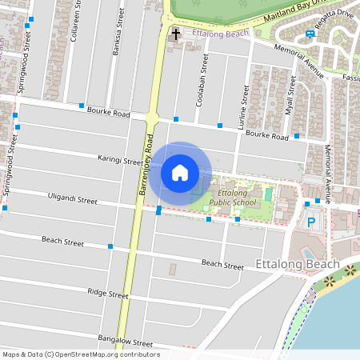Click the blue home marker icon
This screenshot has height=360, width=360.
pyautogui.click(x=180, y=173)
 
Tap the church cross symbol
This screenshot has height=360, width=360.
pyautogui.click(x=175, y=34)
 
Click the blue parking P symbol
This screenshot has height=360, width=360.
pyautogui.click(x=311, y=222)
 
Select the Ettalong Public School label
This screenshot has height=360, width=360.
pyautogui.click(x=232, y=198)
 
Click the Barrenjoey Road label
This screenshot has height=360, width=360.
pyautogui.click(x=147, y=166)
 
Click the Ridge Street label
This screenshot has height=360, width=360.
pyautogui.click(x=108, y=294)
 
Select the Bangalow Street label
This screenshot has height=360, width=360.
pyautogui.click(x=126, y=342)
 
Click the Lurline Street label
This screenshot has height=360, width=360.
pyautogui.click(x=243, y=88)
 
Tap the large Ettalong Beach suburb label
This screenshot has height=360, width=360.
pyautogui.click(x=297, y=265)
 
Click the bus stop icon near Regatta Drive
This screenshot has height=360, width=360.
pyautogui.click(x=310, y=34)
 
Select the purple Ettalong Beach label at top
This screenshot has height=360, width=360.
pyautogui.click(x=222, y=34)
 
